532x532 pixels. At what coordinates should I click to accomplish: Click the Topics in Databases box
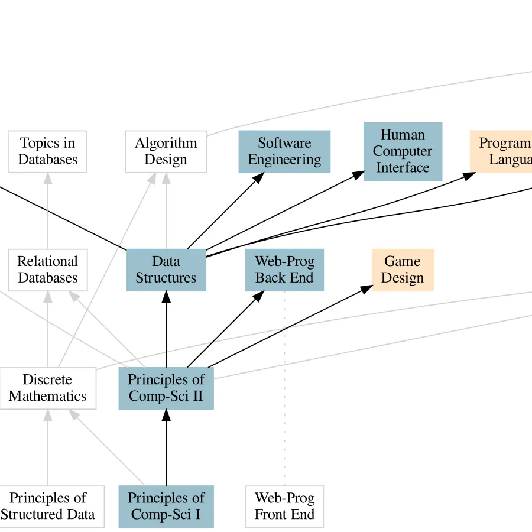(x=48, y=152)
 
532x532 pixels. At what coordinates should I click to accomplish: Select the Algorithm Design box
(x=166, y=152)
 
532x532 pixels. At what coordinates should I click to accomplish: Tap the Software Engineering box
(x=284, y=152)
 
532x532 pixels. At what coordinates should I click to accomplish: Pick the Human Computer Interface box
(x=403, y=152)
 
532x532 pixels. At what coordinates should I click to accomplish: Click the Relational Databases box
(x=48, y=270)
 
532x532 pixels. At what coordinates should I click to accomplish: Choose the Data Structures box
(x=166, y=270)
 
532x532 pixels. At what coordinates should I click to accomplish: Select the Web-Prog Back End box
(x=284, y=270)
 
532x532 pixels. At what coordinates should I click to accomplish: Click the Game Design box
(x=403, y=270)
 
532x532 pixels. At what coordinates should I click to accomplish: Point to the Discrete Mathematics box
(x=48, y=388)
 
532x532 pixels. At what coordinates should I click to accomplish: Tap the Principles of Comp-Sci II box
(x=166, y=388)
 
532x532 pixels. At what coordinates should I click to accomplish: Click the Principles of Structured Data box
(x=48, y=507)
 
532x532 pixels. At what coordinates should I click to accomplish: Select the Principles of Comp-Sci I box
(x=166, y=507)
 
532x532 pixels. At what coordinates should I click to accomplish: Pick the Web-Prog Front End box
(x=284, y=507)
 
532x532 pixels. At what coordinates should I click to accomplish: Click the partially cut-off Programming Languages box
(x=502, y=152)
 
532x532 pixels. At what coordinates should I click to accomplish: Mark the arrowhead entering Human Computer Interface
(x=359, y=174)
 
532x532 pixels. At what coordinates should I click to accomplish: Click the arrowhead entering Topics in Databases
(x=48, y=179)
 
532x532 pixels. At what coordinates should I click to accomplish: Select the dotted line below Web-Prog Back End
(x=284, y=384)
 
